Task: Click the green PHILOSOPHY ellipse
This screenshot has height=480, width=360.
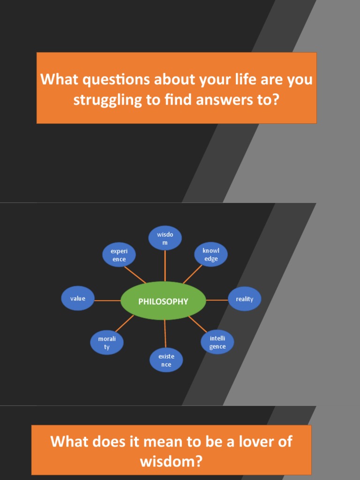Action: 163,301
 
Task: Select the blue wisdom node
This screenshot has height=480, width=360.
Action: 165,238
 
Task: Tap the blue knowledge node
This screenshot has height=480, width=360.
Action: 211,255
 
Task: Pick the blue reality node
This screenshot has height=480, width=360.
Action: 244,299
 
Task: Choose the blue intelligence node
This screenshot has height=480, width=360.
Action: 217,343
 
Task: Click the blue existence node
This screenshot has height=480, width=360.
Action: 166,360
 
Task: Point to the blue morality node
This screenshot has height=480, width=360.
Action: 107,343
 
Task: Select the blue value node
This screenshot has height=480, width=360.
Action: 78,299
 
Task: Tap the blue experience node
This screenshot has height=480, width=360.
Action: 119,255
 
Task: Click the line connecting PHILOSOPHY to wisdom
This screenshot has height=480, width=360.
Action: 165,266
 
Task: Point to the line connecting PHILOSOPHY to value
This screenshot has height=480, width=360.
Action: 108,300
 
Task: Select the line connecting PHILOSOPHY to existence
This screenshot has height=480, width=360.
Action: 165,334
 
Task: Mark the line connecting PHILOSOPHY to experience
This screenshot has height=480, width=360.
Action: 135,275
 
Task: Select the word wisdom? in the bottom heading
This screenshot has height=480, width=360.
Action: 171,462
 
